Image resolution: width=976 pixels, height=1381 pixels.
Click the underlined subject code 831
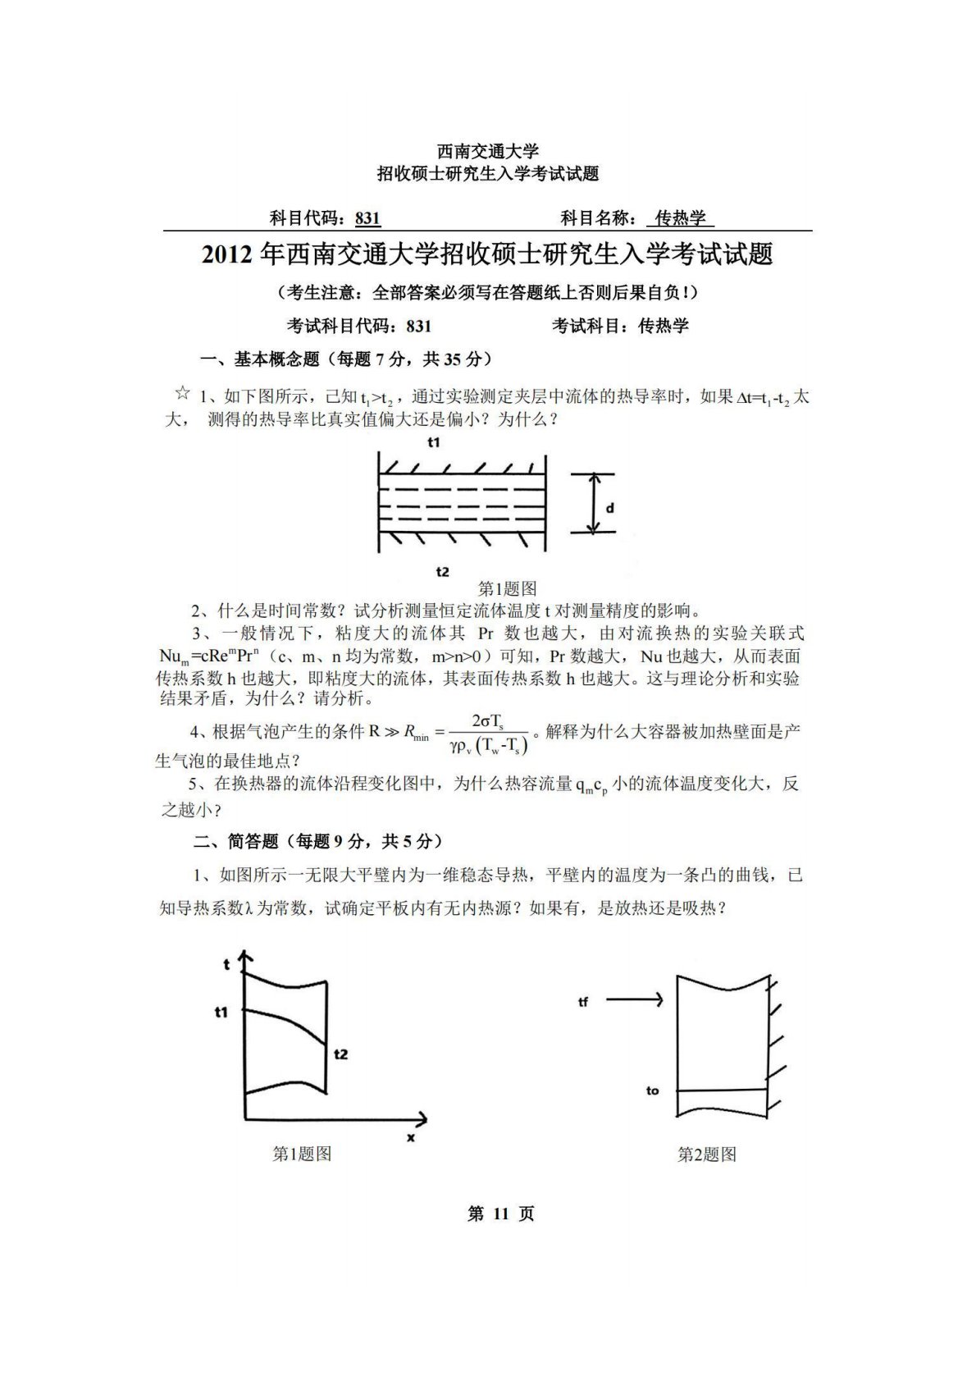(x=368, y=218)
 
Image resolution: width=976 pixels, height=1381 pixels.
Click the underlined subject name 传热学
(x=680, y=218)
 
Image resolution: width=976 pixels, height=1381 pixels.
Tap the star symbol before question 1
(x=182, y=393)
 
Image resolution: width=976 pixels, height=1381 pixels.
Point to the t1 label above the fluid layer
(x=434, y=442)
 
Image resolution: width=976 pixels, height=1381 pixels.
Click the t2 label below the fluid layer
(x=442, y=571)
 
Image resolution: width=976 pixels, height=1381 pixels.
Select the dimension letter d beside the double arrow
(x=609, y=508)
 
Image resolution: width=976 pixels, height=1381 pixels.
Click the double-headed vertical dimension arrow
(x=593, y=503)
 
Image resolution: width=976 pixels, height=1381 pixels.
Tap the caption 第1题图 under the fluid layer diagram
(x=507, y=589)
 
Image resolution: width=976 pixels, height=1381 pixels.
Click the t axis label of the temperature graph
(x=227, y=965)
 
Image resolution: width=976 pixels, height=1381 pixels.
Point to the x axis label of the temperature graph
(x=410, y=1138)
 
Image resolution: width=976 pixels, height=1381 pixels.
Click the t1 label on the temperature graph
(x=221, y=1013)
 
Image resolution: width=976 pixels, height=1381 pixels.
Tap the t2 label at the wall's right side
(x=341, y=1053)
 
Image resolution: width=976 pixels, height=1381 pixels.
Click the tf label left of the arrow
(x=583, y=1002)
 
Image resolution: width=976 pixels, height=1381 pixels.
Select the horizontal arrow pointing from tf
(x=634, y=999)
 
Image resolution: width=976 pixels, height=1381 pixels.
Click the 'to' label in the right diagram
(x=653, y=1091)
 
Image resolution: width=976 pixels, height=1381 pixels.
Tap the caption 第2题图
(x=706, y=1155)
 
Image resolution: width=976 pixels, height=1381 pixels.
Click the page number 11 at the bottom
(x=500, y=1214)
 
